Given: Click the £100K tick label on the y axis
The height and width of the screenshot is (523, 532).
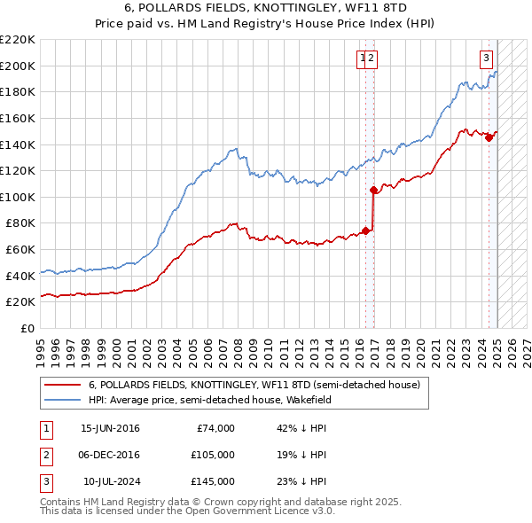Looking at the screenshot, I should pos(18,197).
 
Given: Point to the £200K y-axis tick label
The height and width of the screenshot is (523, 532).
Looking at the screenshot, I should pos(18,66).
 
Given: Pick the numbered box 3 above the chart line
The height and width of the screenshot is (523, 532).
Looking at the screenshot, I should pos(487,59).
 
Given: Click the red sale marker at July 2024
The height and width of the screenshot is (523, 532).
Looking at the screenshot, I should pos(489,137).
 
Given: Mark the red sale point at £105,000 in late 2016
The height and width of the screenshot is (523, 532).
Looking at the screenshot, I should pos(373,190).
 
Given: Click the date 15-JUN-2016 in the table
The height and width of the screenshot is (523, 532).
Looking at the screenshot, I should pos(110,428).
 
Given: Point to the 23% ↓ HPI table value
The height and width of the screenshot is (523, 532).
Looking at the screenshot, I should pos(301,481).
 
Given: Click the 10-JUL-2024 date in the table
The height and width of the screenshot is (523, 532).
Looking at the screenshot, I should pos(110,481).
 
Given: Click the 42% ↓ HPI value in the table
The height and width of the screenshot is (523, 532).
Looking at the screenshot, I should pos(301,428).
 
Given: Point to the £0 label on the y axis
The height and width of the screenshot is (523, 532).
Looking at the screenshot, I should pos(26,328).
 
